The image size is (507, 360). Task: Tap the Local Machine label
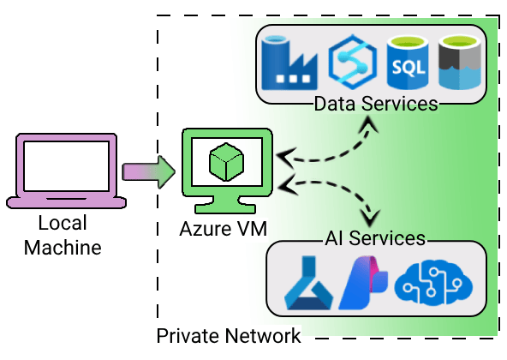pos(63,237)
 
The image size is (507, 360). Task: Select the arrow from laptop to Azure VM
pos(148,171)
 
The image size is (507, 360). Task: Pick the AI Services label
pos(376,237)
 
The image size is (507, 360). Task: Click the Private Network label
pos(229,335)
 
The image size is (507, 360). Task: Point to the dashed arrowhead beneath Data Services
pos(371,124)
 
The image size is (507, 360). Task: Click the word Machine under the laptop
pos(63,249)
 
